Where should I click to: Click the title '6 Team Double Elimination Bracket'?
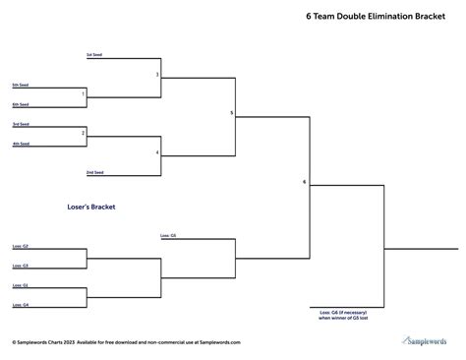click(x=368, y=17)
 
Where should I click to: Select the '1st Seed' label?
click(x=93, y=54)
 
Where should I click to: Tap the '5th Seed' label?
click(x=21, y=85)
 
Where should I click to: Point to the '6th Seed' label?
click(x=21, y=103)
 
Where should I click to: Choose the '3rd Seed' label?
click(x=21, y=124)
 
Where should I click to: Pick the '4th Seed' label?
click(x=21, y=144)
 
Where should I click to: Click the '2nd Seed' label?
click(x=94, y=172)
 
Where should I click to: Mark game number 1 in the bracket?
click(x=83, y=94)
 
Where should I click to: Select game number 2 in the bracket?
click(x=83, y=132)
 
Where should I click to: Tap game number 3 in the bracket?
click(x=156, y=75)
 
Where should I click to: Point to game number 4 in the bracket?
click(x=156, y=152)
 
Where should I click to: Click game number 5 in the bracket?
click(x=231, y=113)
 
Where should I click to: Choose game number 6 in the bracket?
click(x=305, y=182)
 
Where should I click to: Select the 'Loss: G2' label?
click(x=21, y=246)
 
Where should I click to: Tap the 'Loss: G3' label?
click(x=21, y=266)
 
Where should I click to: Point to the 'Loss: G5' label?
click(x=168, y=236)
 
